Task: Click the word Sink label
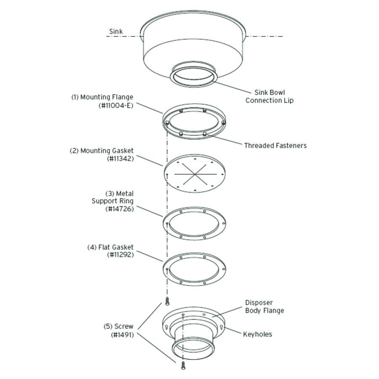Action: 116,32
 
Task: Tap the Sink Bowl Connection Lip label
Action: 270,96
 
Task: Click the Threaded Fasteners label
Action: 275,146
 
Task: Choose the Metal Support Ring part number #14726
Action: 120,209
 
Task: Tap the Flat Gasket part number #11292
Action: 120,255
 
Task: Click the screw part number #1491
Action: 122,335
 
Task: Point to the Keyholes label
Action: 257,334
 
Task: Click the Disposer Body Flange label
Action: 264,307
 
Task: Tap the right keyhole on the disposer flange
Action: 223,326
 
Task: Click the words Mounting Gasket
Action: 107,151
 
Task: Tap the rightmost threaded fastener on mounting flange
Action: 223,123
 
